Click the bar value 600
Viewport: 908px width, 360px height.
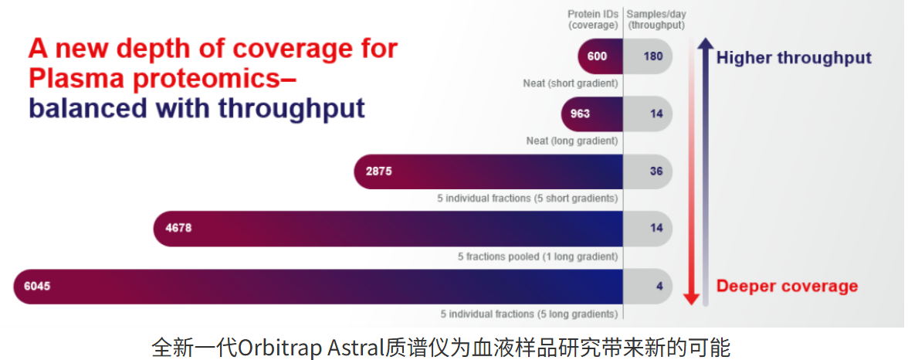[x=597, y=57]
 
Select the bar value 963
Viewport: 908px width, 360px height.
[x=580, y=114]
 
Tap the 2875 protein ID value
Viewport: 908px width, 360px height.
[x=378, y=171]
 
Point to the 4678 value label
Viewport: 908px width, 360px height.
[x=178, y=229]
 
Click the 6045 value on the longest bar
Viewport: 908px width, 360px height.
[x=37, y=286]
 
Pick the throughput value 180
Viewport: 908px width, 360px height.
[x=652, y=57]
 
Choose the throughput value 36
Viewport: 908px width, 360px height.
[x=656, y=171]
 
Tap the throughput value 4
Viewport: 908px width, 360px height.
[x=659, y=286]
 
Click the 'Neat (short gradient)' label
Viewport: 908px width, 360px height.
[x=571, y=83]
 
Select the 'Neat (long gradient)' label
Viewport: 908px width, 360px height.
[x=572, y=141]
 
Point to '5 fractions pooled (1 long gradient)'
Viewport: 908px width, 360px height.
[x=538, y=256]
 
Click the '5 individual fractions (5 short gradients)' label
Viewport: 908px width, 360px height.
[x=527, y=199]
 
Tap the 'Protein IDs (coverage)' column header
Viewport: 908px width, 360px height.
[x=595, y=20]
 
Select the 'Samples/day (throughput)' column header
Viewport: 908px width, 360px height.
[x=656, y=20]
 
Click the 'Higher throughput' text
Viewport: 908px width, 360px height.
[x=794, y=57]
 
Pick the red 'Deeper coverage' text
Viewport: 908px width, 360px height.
[x=787, y=286]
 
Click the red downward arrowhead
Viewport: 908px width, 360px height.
[x=690, y=298]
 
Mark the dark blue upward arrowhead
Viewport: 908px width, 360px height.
[x=705, y=44]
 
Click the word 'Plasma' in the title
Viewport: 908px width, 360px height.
[x=76, y=78]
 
